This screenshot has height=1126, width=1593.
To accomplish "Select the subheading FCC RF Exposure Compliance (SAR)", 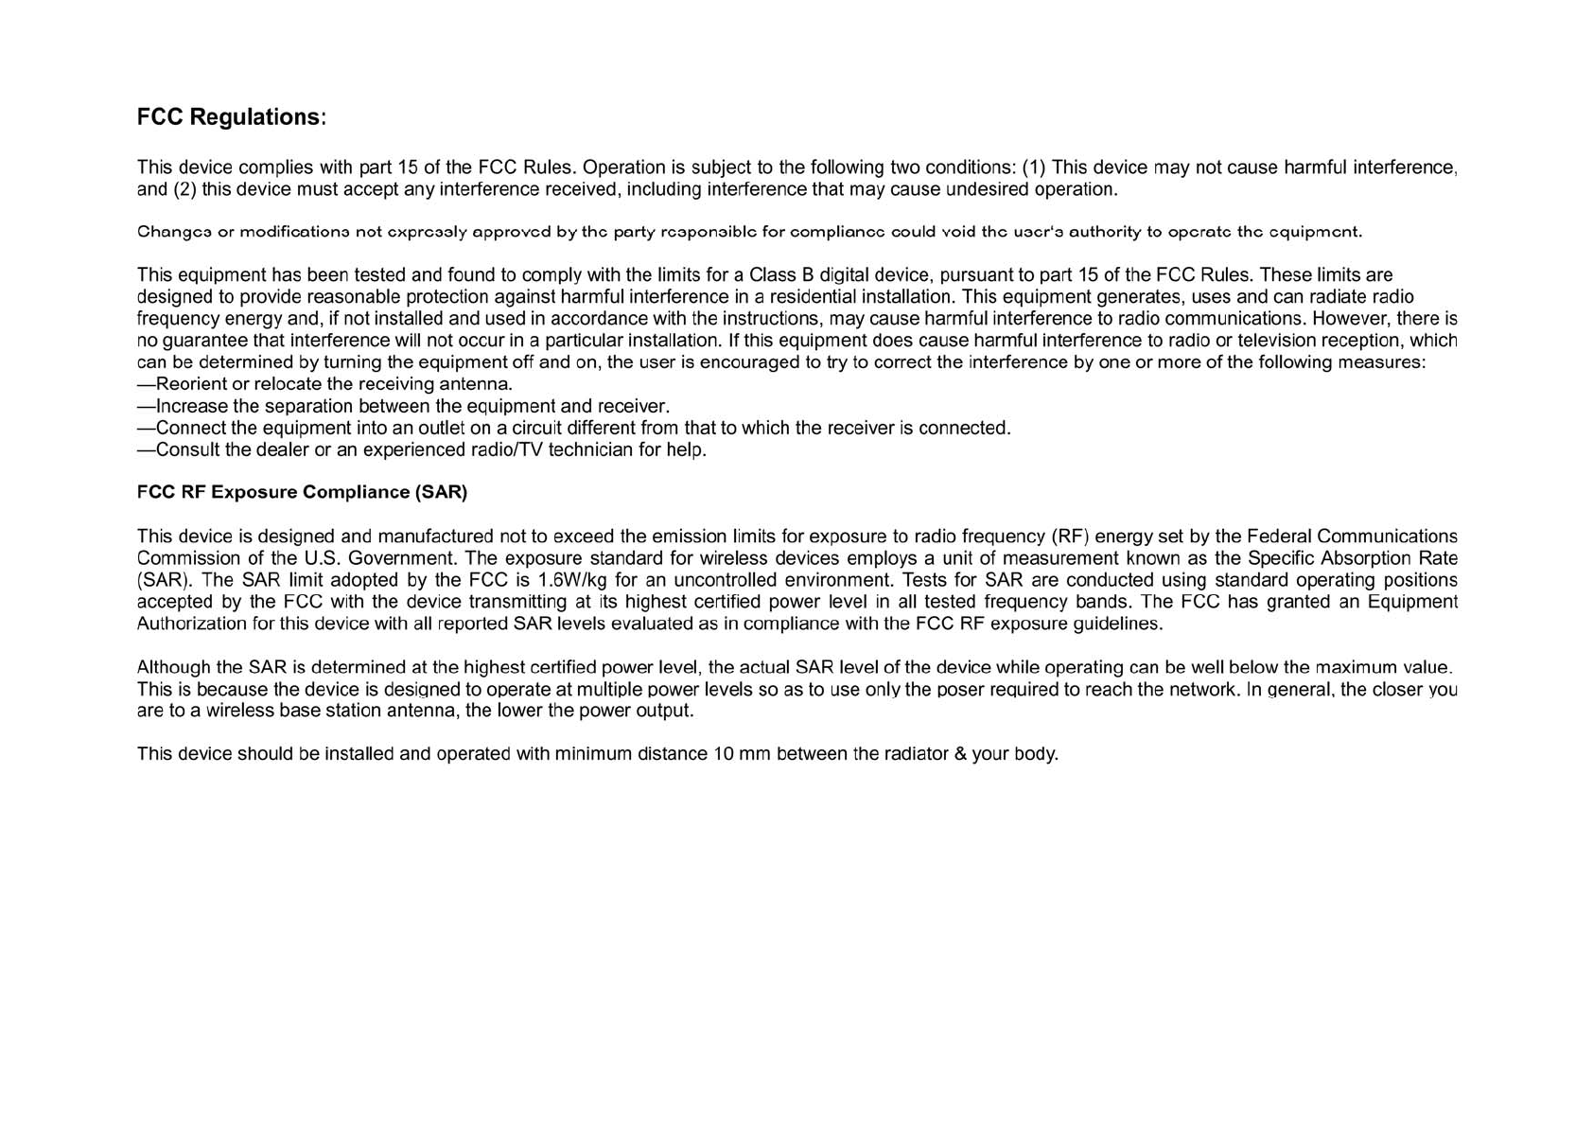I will (302, 492).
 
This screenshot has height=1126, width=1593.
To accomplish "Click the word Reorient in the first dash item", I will (191, 384).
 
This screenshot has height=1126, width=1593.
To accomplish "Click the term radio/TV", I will (506, 449).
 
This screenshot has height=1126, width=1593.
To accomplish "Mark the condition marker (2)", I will (184, 189).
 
